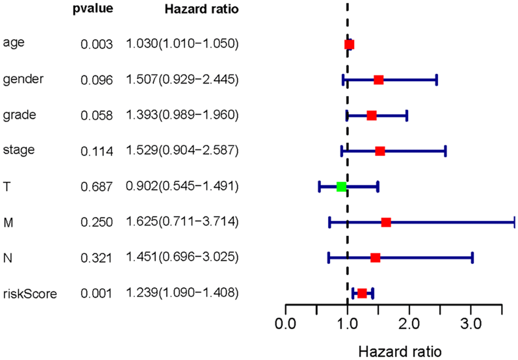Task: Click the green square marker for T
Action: (x=341, y=186)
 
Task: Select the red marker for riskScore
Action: (x=362, y=293)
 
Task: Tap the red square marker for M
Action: (x=386, y=222)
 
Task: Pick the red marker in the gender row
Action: (x=379, y=80)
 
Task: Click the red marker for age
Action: (x=349, y=44)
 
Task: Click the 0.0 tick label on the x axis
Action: (x=285, y=323)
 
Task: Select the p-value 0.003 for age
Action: (x=97, y=44)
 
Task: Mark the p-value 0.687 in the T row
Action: (x=97, y=186)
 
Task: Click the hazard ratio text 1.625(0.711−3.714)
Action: (x=182, y=222)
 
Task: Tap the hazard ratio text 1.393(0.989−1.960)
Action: (x=182, y=115)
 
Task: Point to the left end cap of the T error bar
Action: (x=319, y=186)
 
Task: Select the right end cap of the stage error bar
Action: (x=445, y=151)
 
